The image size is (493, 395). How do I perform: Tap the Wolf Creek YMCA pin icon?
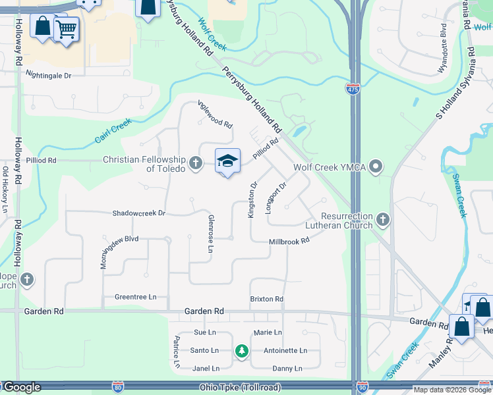coord(376,167)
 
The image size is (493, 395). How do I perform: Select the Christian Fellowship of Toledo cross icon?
coord(195,163)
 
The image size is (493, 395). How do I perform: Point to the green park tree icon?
coord(242,351)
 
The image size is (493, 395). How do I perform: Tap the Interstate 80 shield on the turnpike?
coord(118,388)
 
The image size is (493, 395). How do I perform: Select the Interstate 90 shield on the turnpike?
coord(362,388)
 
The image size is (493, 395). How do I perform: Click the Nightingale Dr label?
coord(48,76)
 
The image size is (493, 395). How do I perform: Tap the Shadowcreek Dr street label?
coord(138,213)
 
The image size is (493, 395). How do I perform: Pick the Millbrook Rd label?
coord(289,242)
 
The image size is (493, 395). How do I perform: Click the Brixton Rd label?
coord(266,299)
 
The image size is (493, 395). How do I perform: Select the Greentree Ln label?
coord(135,297)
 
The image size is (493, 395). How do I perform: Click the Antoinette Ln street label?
coord(280,351)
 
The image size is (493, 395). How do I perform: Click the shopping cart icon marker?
coord(66,28)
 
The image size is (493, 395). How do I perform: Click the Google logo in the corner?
coord(21,387)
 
